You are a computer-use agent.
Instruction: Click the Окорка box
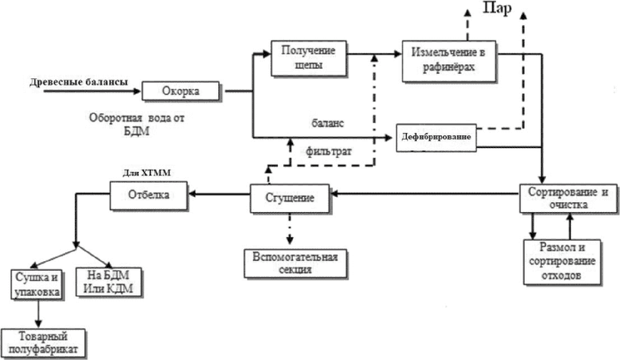(x=180, y=91)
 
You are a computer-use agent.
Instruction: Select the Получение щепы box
(x=309, y=57)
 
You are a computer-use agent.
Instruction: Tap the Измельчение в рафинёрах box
(x=449, y=61)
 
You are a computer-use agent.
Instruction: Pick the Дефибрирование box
(x=436, y=137)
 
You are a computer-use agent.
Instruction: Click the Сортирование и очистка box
(x=568, y=198)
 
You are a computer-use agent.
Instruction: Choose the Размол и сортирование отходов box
(x=562, y=262)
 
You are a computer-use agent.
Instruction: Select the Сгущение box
(x=290, y=198)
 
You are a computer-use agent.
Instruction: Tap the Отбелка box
(x=149, y=195)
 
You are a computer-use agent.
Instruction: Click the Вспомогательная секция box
(x=295, y=263)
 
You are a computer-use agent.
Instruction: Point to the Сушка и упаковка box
(x=37, y=284)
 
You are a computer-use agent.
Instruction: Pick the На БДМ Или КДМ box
(x=108, y=282)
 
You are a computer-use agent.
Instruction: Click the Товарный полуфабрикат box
(x=43, y=343)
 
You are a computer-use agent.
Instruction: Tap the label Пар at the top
(x=498, y=8)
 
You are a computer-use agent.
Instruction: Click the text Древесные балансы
(x=79, y=82)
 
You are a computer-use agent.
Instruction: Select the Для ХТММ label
(x=147, y=173)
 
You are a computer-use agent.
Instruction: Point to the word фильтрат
(x=329, y=152)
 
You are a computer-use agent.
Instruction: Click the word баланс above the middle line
(x=328, y=123)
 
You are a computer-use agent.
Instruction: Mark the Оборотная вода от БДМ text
(x=137, y=124)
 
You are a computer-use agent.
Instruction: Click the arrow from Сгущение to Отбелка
(x=219, y=194)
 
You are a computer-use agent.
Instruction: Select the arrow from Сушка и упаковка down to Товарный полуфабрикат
(x=39, y=314)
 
